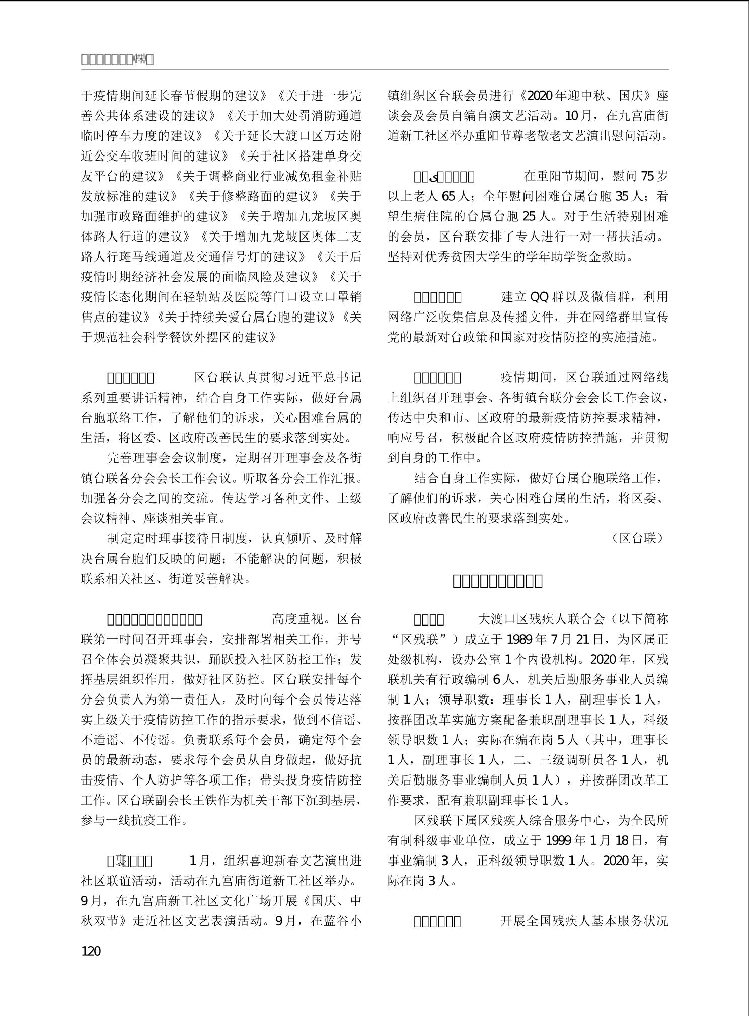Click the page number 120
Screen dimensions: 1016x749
tap(91, 951)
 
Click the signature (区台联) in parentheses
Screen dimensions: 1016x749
tap(638, 538)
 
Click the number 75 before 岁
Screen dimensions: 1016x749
tap(647, 177)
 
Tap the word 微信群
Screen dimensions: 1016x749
tap(611, 297)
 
